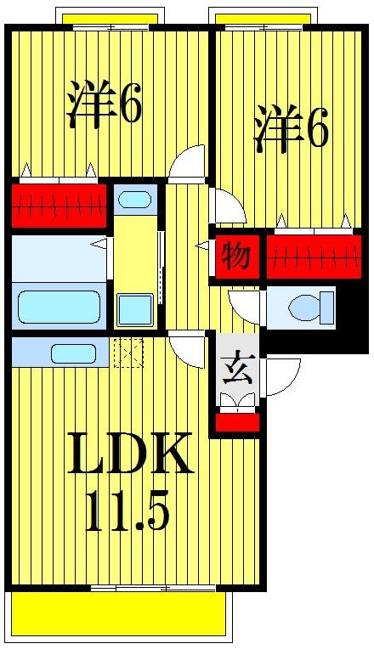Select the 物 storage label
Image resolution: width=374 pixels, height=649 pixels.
235,256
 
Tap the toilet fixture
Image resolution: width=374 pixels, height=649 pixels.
306,307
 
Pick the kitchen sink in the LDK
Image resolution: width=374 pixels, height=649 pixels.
72,353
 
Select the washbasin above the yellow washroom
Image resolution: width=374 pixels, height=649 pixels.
135,201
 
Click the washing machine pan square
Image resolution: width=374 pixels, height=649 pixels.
135,309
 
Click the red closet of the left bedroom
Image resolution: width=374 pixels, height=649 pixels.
59,205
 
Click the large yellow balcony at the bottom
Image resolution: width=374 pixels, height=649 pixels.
119,613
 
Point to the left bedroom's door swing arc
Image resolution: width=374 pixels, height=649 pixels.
190,161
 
